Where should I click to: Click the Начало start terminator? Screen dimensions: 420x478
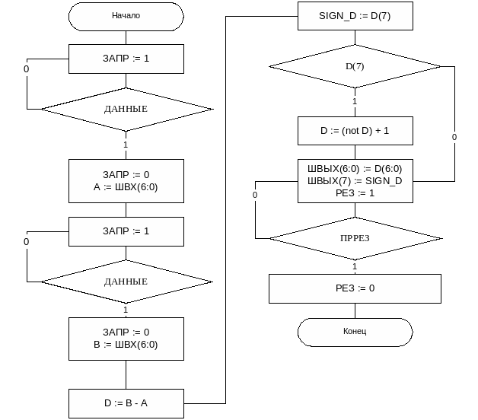(x=126, y=16)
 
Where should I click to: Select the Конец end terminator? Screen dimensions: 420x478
(x=355, y=332)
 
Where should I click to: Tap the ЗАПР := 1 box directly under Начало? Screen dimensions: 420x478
(x=126, y=59)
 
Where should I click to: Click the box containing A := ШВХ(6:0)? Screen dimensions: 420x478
(x=126, y=180)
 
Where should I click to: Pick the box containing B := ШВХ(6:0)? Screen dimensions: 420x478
(x=126, y=338)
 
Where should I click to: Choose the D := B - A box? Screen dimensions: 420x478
(x=126, y=403)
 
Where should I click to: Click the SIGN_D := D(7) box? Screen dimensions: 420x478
(x=355, y=15)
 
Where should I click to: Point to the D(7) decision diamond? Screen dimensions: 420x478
(x=355, y=67)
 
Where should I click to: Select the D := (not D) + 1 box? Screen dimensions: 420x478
(x=355, y=131)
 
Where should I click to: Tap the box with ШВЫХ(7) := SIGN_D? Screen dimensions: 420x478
(x=355, y=181)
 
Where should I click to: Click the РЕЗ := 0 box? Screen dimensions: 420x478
(x=355, y=288)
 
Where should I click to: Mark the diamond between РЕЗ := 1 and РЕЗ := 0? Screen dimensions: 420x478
(x=355, y=238)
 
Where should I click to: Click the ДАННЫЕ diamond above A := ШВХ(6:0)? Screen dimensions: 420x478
(x=126, y=110)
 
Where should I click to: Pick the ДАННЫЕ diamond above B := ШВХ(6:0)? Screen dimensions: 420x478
(x=126, y=282)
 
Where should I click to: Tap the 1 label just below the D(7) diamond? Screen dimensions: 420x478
(x=355, y=101)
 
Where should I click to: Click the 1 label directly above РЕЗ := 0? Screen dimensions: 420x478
(x=355, y=266)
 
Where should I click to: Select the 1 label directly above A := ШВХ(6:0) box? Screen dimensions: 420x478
(x=126, y=144)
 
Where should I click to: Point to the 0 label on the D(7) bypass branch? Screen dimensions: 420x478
(x=454, y=137)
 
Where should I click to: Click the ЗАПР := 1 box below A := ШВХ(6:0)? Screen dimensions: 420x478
(x=126, y=231)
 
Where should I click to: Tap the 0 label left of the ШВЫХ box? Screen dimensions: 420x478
(x=255, y=195)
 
